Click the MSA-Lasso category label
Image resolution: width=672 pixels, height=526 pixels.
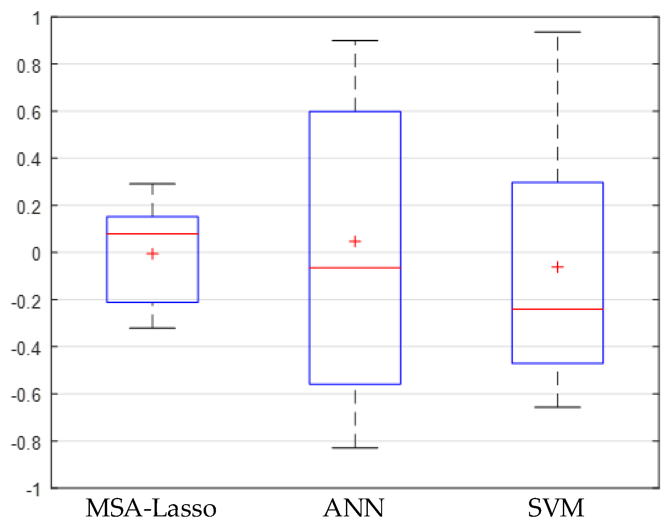(151, 508)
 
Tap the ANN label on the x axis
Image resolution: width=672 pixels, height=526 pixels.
(354, 508)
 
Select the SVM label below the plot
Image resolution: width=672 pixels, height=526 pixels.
(556, 508)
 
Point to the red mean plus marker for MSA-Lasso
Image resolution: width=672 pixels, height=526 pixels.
(152, 254)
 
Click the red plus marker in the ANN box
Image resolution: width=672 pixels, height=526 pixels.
(355, 241)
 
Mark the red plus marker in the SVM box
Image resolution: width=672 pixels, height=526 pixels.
(558, 267)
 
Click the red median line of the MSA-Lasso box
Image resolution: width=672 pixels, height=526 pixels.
(152, 234)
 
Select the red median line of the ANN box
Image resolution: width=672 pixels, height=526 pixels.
(355, 268)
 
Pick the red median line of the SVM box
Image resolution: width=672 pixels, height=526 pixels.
(558, 309)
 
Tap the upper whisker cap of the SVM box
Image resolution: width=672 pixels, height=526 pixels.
(558, 32)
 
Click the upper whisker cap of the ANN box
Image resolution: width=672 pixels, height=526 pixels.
(355, 40)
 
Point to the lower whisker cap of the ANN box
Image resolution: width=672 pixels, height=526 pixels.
(355, 448)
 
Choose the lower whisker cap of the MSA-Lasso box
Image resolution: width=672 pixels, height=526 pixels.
(152, 328)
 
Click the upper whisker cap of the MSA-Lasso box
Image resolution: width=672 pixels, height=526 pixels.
(152, 184)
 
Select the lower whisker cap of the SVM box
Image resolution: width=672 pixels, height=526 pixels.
(558, 407)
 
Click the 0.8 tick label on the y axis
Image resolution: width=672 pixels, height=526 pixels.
(29, 66)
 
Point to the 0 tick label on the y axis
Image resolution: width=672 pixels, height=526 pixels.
(36, 254)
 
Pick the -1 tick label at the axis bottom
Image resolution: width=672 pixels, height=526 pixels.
(33, 490)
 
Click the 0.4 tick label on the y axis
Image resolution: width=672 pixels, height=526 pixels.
(29, 160)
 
